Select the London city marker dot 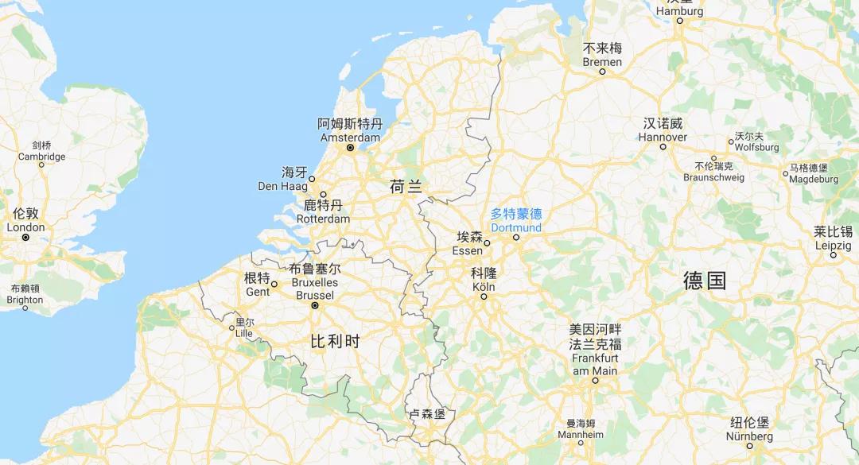[x=25, y=237]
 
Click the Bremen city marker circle [x=602, y=72]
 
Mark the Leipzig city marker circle [x=834, y=255]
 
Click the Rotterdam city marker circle [x=323, y=195]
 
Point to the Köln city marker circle [x=483, y=296]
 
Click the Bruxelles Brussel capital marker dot [x=315, y=305]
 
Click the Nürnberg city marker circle [x=749, y=446]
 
